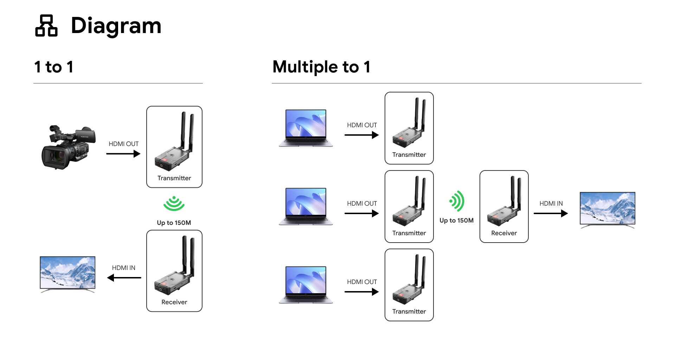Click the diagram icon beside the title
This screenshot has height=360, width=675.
point(46,26)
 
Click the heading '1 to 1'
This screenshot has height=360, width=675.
point(54,67)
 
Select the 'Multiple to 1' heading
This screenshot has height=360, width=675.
point(321,67)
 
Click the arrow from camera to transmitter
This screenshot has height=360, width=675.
point(123,154)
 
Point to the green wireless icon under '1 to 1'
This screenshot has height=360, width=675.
point(174,204)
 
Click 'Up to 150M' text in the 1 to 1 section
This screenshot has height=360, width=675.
point(174,223)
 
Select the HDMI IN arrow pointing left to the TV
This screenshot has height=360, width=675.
point(124,278)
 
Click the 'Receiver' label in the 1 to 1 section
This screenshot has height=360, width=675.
point(174,302)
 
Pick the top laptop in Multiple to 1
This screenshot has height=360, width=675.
point(306,128)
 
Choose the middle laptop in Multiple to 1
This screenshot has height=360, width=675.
point(306,206)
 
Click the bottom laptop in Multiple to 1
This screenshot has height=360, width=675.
point(306,284)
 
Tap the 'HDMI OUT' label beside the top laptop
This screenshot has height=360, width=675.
point(362,125)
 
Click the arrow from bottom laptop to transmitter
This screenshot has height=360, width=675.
point(361,292)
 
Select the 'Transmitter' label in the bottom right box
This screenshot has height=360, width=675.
point(409,311)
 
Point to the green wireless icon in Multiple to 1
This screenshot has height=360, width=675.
point(457,201)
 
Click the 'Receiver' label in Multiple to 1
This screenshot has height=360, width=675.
point(504,233)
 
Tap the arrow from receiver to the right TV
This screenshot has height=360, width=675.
point(551,213)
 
